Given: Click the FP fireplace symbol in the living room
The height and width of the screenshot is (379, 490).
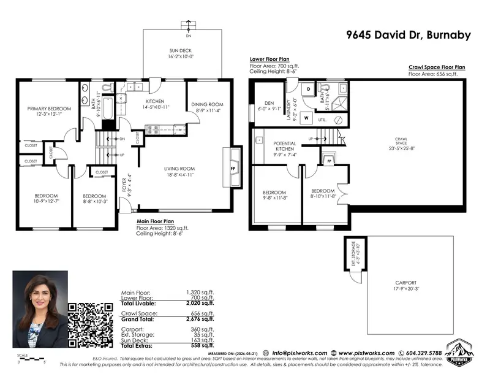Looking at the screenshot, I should (233, 167).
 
